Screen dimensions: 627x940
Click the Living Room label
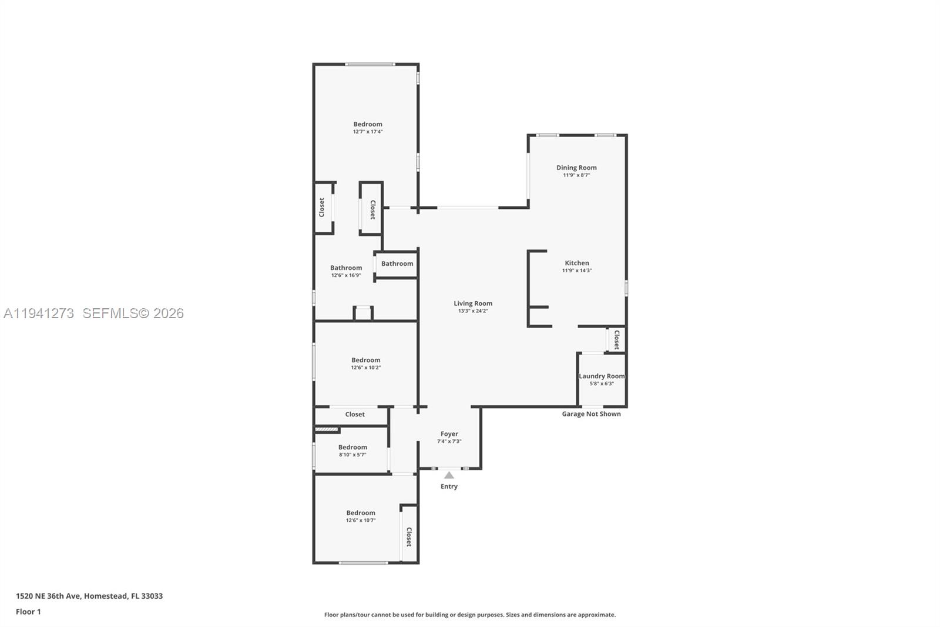(x=473, y=304)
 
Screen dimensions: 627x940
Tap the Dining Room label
(x=576, y=168)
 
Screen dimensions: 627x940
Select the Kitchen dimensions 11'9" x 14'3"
(x=576, y=271)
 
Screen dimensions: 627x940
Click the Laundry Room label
(x=602, y=376)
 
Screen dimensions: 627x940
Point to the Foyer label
(x=449, y=434)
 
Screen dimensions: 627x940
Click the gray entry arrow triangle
(x=449, y=475)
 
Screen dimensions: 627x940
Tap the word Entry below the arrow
(x=449, y=486)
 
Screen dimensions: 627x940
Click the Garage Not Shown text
(x=591, y=414)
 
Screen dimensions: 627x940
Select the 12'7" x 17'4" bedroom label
(x=368, y=124)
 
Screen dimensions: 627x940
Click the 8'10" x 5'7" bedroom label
(x=352, y=448)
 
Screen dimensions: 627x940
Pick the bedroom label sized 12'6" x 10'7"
(x=361, y=513)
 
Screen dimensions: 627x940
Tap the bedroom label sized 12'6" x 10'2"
(x=366, y=360)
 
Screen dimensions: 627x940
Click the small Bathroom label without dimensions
(x=397, y=264)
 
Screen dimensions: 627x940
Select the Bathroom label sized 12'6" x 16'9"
(x=346, y=268)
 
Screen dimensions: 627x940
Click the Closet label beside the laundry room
(x=616, y=339)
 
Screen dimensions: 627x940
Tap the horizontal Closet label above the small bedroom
(x=355, y=415)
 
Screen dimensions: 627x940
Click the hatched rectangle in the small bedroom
(x=327, y=430)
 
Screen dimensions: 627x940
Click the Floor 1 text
(x=28, y=612)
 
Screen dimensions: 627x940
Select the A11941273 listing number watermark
(x=39, y=313)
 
